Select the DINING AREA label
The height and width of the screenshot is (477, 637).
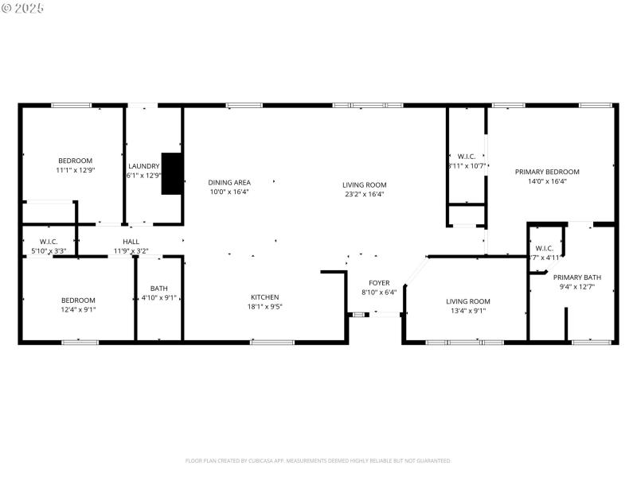tap(229, 182)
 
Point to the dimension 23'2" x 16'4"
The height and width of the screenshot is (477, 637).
tap(365, 194)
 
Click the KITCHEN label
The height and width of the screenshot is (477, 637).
tap(265, 297)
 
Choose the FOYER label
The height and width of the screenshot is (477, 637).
tap(379, 282)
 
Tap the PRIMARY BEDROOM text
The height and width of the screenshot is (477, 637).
tap(547, 172)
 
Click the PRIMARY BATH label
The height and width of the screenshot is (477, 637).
tap(580, 277)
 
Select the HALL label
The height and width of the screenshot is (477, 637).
tap(131, 242)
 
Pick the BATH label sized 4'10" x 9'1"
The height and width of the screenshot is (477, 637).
tap(159, 289)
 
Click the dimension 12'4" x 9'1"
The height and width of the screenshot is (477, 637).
tap(78, 310)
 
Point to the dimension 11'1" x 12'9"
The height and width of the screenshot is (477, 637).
tap(75, 170)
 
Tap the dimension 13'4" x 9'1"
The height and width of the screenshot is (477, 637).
tap(468, 311)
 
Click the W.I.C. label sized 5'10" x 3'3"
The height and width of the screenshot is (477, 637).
tap(48, 242)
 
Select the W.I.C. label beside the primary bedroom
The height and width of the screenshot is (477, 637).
tap(466, 156)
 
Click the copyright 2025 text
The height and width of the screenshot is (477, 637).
tap(23, 8)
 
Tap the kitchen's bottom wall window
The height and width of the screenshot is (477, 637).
tap(272, 343)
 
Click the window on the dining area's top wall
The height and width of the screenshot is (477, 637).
tap(239, 105)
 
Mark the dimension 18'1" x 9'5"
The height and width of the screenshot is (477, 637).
tap(265, 306)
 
